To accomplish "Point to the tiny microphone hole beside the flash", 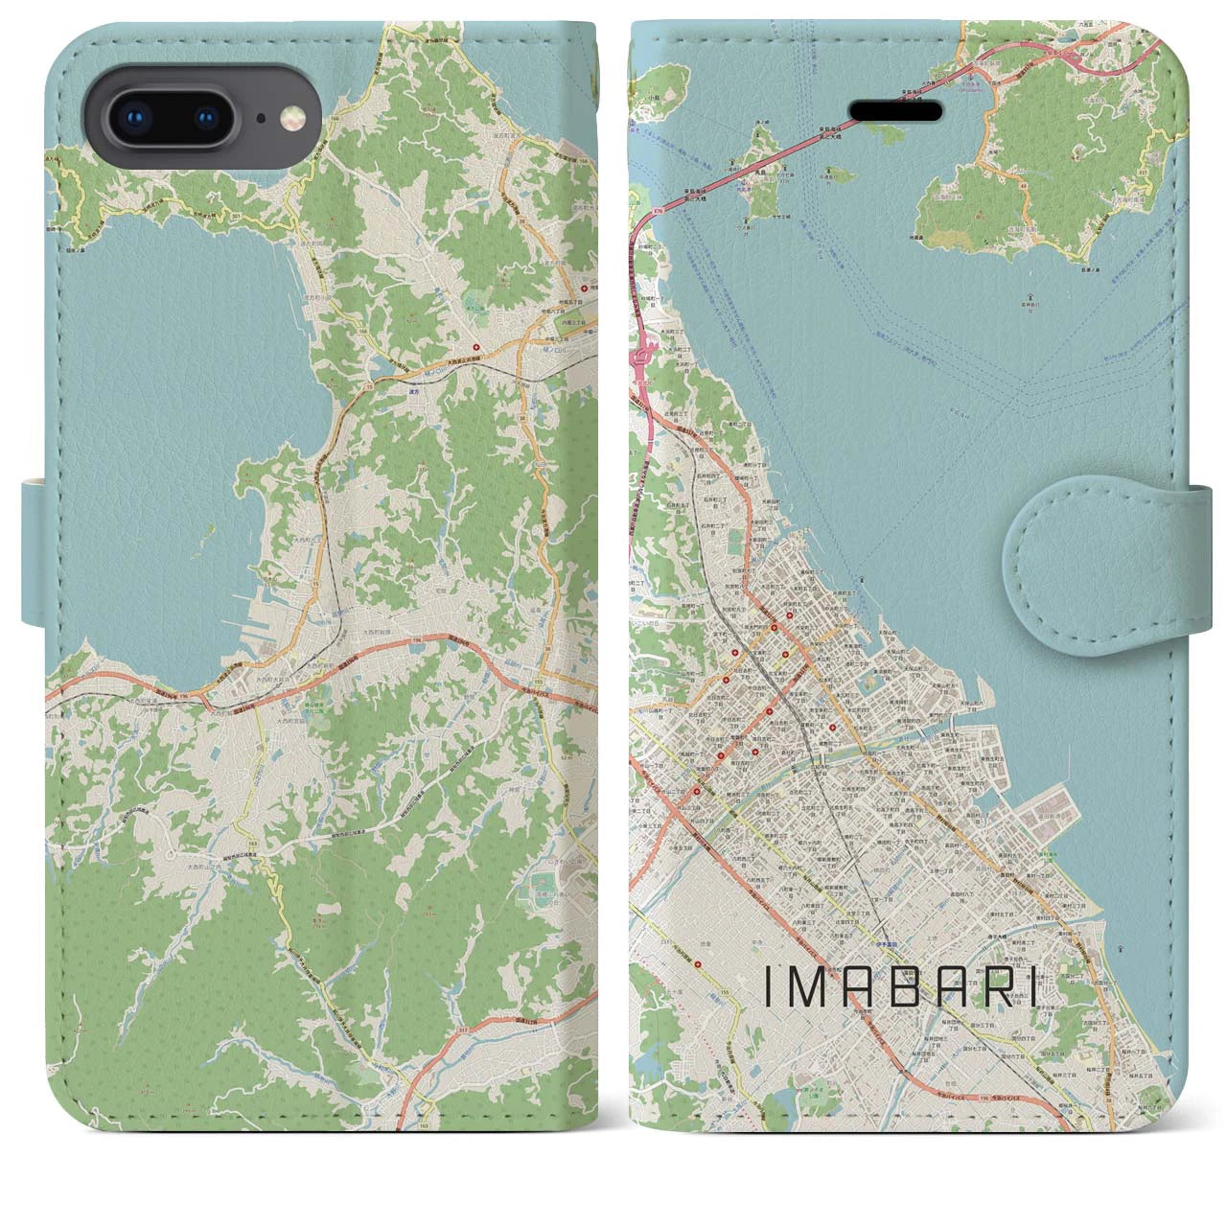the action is [262, 119].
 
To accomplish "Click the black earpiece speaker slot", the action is [912, 108].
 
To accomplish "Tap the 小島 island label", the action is [654, 82].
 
